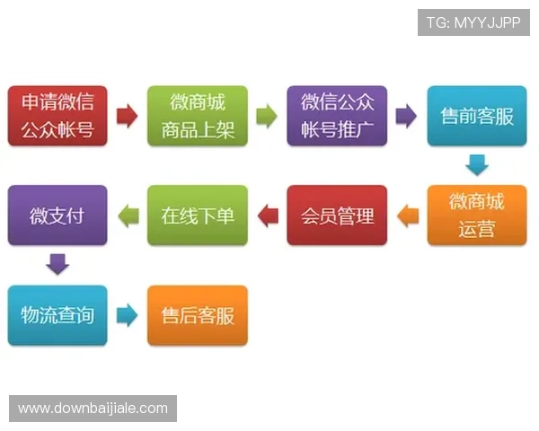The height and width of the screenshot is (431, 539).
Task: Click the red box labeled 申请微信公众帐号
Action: [57, 116]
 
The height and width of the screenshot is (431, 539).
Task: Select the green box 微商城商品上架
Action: [198, 116]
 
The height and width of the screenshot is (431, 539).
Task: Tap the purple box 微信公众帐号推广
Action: [337, 116]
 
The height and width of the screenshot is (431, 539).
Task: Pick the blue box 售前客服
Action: [477, 116]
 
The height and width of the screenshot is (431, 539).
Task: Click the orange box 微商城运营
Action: [477, 215]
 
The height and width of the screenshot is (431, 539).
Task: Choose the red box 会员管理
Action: [337, 215]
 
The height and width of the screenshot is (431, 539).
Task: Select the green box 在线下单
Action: [198, 215]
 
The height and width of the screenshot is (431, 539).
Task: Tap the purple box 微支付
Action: [57, 215]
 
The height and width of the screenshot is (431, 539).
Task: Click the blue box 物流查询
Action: [57, 315]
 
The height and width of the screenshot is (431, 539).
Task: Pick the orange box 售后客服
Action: [198, 315]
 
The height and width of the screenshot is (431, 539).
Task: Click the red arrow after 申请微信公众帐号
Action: [128, 116]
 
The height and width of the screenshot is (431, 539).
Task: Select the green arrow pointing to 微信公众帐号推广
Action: [267, 116]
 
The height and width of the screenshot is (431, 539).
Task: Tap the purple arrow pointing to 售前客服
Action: [407, 116]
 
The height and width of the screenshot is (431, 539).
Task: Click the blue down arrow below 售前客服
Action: [477, 165]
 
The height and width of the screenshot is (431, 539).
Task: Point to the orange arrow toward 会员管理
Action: [407, 215]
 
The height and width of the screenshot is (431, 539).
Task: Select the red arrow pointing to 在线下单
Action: [267, 215]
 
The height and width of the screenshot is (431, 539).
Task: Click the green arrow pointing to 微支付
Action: [128, 215]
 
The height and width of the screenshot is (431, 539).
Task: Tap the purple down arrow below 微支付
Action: [57, 265]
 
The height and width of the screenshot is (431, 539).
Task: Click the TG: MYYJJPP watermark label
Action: [473, 22]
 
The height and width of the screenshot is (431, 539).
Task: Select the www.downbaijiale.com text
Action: [93, 409]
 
